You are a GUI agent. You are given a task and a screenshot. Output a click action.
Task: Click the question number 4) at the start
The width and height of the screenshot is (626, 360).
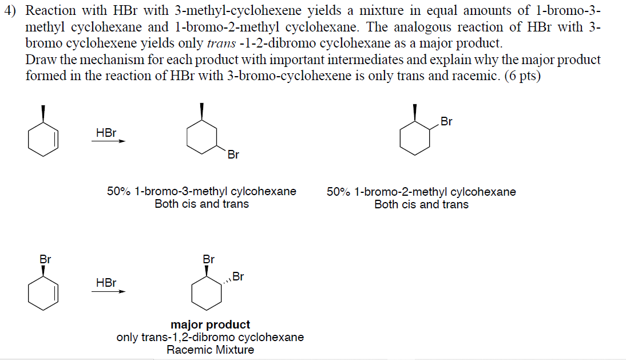pos(11,10)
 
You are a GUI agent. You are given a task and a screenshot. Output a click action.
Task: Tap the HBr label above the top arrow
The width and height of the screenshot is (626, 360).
pos(106,133)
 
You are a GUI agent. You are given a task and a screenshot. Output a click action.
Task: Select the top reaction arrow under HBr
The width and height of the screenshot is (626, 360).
pos(108,142)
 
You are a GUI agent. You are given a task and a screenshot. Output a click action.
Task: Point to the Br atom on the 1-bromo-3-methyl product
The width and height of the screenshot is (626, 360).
pos(233,155)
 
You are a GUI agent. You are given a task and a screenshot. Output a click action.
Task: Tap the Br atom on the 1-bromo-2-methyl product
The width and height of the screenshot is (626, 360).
pos(446,121)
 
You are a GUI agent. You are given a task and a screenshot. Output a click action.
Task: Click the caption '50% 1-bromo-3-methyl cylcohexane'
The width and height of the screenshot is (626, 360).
pos(201,192)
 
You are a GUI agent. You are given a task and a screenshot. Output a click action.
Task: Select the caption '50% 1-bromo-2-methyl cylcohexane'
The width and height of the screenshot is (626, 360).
pos(421,192)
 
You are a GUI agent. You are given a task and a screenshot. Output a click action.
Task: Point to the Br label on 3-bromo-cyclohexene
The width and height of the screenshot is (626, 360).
pos(45,259)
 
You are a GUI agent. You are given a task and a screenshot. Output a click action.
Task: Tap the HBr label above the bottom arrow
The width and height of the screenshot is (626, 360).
pos(106,283)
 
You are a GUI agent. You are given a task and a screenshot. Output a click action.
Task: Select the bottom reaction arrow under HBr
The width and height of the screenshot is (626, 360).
pos(108,291)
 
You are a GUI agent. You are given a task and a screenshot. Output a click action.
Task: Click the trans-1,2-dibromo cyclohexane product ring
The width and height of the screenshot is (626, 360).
pos(207,294)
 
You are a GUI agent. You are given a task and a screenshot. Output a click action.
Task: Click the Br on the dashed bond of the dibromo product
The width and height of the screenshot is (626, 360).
pos(238,277)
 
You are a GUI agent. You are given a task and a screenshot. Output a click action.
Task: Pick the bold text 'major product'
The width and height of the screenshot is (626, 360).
pos(210,325)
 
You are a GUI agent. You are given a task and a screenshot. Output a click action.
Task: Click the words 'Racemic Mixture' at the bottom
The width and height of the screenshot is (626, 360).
pos(210,350)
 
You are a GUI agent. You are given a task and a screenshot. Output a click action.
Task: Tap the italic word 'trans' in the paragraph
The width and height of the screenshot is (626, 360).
pos(220,43)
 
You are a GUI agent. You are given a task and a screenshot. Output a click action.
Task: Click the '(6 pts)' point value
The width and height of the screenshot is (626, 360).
pos(522,76)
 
